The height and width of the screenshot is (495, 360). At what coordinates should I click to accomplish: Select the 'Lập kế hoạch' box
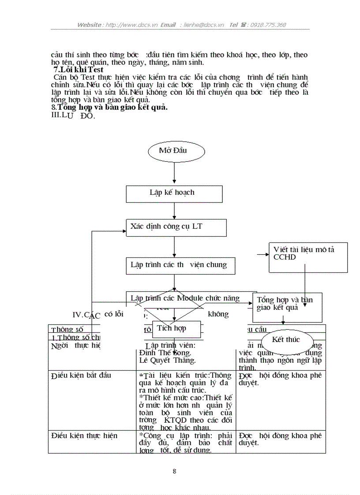click(x=174, y=193)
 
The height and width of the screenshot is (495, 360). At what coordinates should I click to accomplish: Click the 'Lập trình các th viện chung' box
click(x=180, y=265)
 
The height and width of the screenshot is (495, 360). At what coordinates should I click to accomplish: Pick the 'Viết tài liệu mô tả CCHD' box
click(x=307, y=257)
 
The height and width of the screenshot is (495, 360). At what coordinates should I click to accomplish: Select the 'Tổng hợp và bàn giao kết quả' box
click(x=287, y=307)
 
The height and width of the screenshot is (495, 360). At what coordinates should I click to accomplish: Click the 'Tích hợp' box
click(x=176, y=328)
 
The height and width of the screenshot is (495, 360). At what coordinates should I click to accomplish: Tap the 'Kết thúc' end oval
click(x=287, y=340)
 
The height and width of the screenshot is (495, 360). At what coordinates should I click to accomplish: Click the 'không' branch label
click(x=218, y=314)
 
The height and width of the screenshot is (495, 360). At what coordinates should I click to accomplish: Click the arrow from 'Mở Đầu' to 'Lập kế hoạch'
click(x=175, y=173)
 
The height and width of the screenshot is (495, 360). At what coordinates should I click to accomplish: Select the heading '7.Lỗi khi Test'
click(x=78, y=70)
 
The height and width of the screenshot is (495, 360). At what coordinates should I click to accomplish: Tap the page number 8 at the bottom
click(x=174, y=471)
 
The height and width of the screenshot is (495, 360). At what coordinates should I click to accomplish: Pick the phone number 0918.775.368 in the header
click(x=268, y=25)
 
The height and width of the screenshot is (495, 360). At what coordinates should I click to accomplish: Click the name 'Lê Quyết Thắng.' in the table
click(x=167, y=361)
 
